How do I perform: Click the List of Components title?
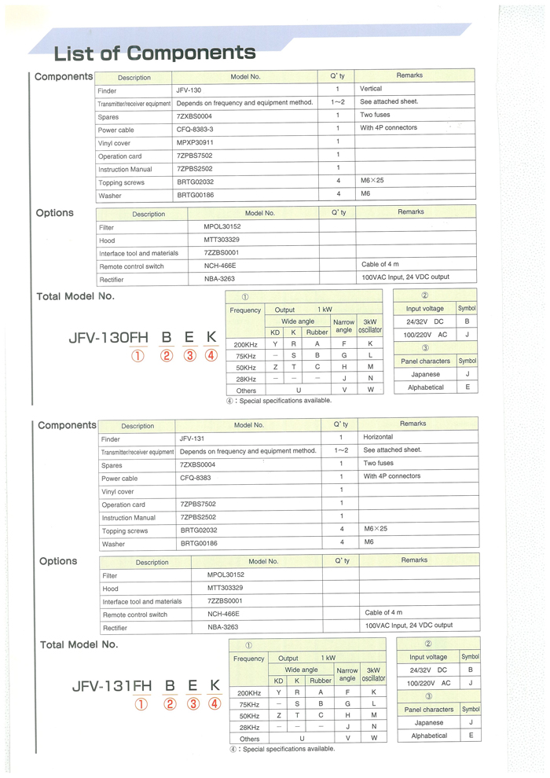tap(155, 53)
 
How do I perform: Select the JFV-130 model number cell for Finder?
tap(189, 90)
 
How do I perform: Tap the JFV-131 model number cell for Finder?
tap(192, 438)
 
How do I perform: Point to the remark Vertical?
tap(371, 89)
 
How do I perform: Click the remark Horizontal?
tap(378, 437)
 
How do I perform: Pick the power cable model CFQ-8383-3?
tap(195, 129)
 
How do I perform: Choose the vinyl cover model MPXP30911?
tap(195, 142)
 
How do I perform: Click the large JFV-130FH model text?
tap(108, 338)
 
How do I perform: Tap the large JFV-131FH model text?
tap(111, 685)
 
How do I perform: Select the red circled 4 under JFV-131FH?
tap(214, 703)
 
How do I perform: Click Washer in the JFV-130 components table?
tap(110, 195)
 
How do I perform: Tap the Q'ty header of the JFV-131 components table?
tap(341, 424)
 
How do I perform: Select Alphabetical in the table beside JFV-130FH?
tap(426, 387)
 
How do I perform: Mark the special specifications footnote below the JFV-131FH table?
tap(281, 749)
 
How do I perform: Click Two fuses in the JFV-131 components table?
tap(379, 463)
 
